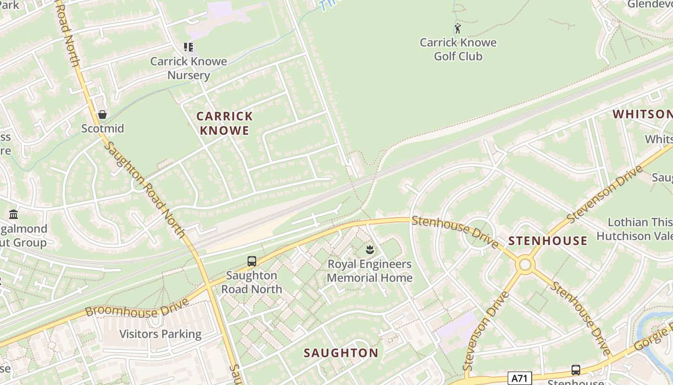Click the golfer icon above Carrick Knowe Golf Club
tap(458, 28)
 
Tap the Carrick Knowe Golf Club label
tap(458, 49)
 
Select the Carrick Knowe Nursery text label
tap(188, 68)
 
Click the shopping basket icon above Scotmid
tap(102, 115)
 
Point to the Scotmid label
tap(102, 128)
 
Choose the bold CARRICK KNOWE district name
tap(224, 123)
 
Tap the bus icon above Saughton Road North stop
tap(251, 261)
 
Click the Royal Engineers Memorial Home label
tap(369, 271)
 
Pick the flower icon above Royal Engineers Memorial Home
tap(369, 249)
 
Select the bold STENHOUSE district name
tap(548, 241)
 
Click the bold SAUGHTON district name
tap(341, 353)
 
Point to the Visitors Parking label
tap(160, 334)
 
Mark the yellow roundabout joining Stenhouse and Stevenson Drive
tap(525, 264)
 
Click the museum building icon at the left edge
tap(13, 214)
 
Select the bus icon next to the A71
tap(575, 370)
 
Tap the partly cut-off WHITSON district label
tap(642, 114)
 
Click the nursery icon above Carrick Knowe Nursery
tap(188, 47)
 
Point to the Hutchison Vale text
tap(634, 236)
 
